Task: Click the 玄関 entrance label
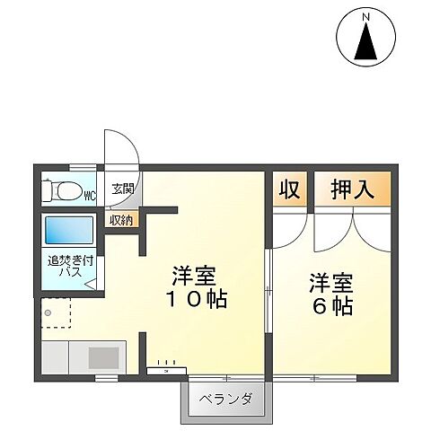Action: point(122,189)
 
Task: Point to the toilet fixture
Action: point(66,191)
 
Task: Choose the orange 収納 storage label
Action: point(122,219)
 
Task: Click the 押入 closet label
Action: point(352,190)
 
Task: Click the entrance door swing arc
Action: point(121,149)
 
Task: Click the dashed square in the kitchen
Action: point(56,312)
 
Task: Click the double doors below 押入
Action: point(352,231)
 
